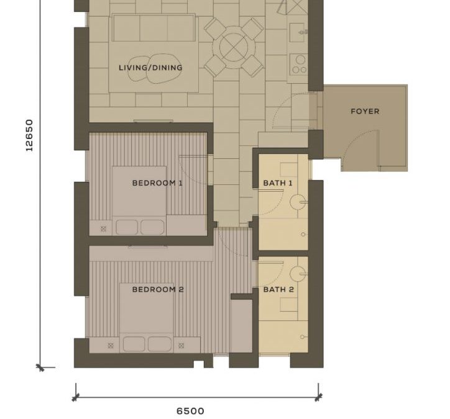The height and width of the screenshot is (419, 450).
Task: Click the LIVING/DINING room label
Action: click(x=150, y=68)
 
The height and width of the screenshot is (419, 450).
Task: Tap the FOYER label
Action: click(x=365, y=111)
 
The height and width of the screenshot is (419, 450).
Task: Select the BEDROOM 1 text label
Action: click(x=157, y=183)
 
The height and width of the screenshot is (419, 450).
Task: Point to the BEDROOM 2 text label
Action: click(x=157, y=289)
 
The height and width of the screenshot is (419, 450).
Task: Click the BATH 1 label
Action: click(x=278, y=183)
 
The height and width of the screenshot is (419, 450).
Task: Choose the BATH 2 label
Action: click(x=278, y=289)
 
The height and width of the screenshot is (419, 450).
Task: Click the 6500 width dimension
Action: click(x=190, y=412)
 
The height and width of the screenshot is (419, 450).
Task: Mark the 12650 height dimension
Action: click(x=29, y=135)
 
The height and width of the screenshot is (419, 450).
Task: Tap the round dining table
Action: click(x=234, y=47)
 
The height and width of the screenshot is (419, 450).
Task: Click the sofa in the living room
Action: click(x=154, y=28)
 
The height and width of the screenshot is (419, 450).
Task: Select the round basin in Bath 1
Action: click(x=298, y=202)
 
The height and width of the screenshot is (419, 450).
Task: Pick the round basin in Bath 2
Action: click(x=298, y=274)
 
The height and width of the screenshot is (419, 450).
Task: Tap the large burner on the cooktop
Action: click(x=300, y=60)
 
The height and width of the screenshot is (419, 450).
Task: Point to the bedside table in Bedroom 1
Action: click(x=103, y=228)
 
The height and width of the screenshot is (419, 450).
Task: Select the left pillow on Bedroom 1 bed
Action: click(x=127, y=227)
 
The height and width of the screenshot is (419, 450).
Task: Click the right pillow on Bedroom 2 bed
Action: click(x=160, y=344)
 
